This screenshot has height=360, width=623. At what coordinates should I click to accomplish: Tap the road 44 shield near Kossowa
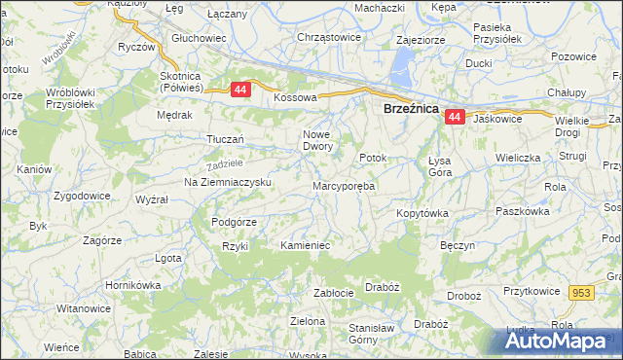240,90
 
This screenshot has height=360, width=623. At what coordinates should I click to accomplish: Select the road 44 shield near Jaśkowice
455,117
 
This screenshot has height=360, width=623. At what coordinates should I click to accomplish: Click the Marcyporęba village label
344,185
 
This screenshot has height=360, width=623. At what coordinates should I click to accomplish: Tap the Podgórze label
234,222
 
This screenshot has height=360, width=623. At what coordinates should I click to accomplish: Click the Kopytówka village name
421,212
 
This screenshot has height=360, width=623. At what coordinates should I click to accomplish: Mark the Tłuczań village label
224,139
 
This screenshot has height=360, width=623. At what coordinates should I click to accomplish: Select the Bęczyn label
458,246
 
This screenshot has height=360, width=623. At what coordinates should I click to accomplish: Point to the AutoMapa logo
559,341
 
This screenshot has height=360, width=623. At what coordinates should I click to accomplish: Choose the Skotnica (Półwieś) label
189,82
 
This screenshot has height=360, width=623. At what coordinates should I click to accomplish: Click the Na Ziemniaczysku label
227,182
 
